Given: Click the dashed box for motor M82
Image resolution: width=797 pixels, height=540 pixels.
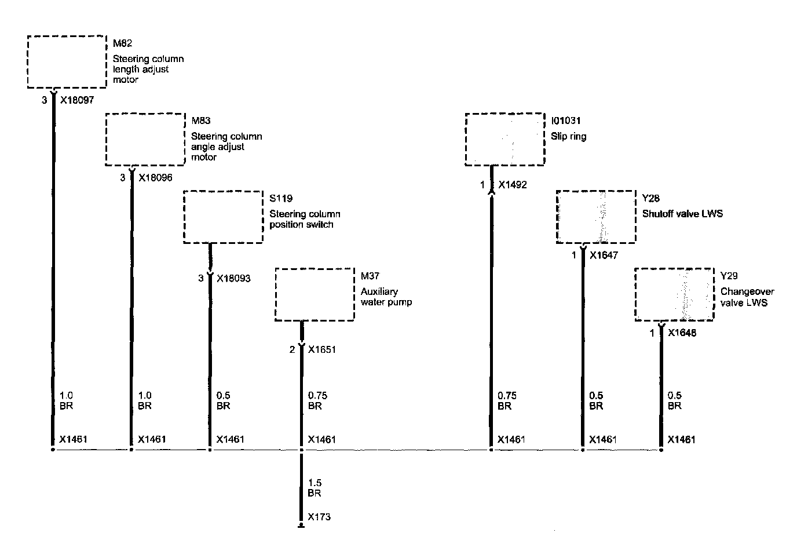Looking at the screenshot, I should pos(67,61).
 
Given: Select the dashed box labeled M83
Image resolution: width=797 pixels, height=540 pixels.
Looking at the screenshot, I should pos(145,140).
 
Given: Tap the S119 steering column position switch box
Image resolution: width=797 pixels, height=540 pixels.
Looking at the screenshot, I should pos(223,217).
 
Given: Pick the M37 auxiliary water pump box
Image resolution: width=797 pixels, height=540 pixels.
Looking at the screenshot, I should pos(315,294).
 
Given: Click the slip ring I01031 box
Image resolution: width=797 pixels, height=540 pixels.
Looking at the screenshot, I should pos(504,140).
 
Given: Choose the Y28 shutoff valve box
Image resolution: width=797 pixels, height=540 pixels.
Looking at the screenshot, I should pos(596,217).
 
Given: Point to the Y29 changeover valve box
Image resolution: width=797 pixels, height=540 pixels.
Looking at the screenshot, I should pos(674,294).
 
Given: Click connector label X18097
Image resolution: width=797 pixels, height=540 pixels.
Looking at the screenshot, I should pos(76,100).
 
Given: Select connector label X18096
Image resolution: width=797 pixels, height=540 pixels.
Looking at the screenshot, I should pos(155,177).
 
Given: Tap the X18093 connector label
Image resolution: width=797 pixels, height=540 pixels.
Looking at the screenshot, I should pos(233,278).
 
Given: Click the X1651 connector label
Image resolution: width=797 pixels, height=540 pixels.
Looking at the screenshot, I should pos(321,349).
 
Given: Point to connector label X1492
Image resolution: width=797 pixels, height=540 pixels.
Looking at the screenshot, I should pos(512,185).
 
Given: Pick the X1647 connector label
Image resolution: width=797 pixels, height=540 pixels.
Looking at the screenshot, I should pos(604,255).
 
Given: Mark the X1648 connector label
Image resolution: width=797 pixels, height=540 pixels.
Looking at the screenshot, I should pos(682,333).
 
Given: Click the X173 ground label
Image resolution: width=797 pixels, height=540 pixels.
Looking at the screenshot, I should pos(319,517).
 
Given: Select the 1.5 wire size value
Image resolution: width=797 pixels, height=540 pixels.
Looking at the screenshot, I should pos(315,483).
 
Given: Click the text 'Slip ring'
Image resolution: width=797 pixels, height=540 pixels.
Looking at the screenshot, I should pos(568,137).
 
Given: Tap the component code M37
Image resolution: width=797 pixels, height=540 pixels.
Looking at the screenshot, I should pos(370,276).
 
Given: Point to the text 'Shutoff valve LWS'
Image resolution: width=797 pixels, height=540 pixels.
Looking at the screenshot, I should pos(682,214).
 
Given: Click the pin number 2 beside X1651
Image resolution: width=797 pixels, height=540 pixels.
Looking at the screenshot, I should pos(293,349).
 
